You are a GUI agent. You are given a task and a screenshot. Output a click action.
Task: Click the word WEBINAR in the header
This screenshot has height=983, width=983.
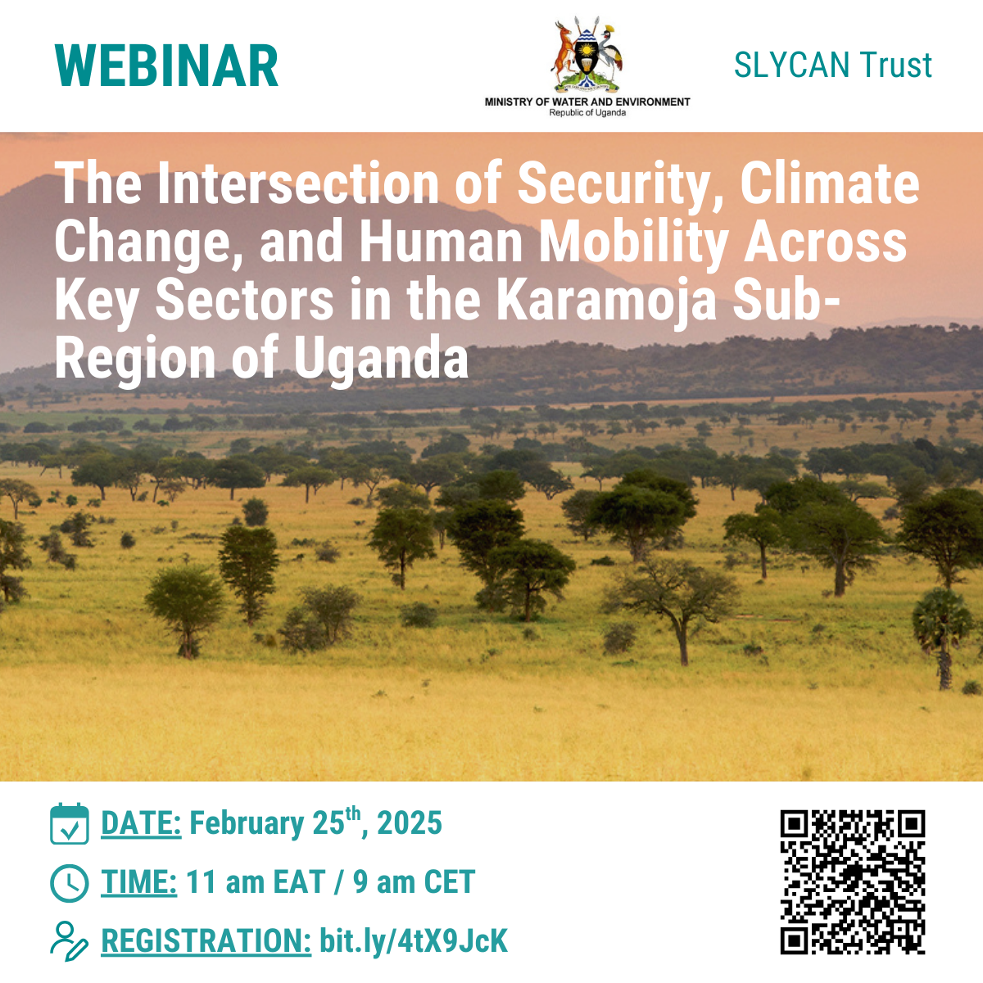(166, 66)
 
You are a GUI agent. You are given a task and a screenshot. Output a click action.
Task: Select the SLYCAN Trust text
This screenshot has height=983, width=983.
(832, 65)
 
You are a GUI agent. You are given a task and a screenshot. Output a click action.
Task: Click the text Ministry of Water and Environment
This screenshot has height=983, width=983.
(587, 102)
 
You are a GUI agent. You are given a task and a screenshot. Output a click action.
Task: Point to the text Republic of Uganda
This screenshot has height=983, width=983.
(587, 113)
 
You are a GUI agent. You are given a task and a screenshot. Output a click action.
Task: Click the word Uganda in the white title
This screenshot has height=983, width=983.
(380, 359)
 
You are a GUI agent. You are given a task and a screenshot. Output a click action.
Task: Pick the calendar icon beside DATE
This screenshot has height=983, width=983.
(70, 822)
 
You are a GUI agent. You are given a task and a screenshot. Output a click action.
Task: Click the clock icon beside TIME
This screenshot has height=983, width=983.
(70, 884)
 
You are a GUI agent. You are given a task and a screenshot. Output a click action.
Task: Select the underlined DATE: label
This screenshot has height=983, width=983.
(141, 822)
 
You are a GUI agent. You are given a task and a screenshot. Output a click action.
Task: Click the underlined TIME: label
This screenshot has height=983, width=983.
(139, 882)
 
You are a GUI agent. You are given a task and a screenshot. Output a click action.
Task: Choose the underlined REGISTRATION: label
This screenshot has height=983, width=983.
(206, 940)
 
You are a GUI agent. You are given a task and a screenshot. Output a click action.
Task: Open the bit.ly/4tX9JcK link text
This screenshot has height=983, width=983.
(414, 942)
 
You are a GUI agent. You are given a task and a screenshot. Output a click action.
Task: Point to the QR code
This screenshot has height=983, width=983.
(853, 882)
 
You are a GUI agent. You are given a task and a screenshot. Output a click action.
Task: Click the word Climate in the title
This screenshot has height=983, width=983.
(830, 184)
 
